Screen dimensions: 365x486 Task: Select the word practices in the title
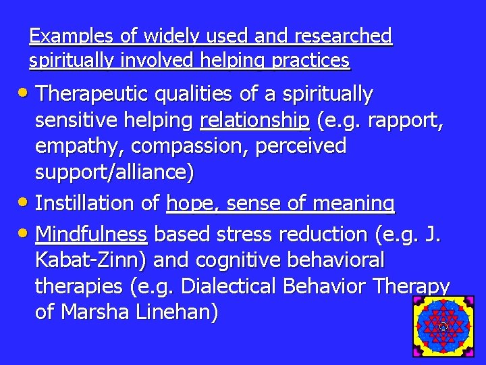pos(310,62)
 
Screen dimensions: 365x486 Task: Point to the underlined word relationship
pos(254,120)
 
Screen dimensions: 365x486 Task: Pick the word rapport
pos(412,120)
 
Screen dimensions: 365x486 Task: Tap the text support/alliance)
pos(114,173)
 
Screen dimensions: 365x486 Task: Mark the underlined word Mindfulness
pos(91,235)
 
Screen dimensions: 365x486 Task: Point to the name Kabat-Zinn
pos(94,260)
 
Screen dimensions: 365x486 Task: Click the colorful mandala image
pos(443,326)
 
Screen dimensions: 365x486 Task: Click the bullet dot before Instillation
pos(24,203)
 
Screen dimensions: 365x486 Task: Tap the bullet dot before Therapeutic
pos(24,94)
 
